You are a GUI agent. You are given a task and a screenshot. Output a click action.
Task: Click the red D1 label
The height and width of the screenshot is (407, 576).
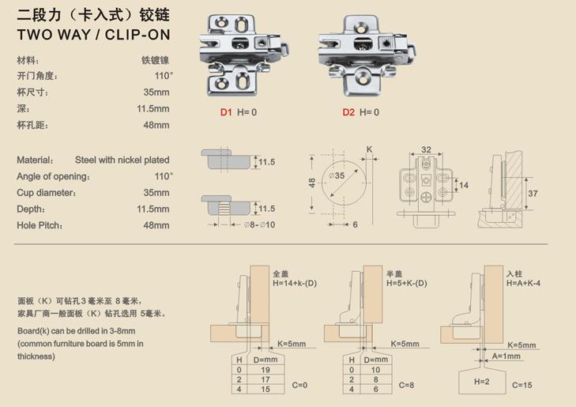coord(226,112)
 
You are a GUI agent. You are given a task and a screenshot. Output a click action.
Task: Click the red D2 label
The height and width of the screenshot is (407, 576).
coord(348,112)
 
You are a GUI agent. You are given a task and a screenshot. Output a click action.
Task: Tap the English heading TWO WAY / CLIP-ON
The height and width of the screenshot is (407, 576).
coord(94,35)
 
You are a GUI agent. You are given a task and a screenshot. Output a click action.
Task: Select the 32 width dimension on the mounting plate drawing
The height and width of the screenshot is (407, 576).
coord(426,149)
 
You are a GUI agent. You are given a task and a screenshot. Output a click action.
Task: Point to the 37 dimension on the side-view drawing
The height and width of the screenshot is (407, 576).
coord(533,193)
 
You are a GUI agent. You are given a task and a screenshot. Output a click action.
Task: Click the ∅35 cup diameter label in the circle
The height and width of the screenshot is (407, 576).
coord(337,175)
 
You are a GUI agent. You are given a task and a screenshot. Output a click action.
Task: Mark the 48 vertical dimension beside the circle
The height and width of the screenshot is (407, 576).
coord(312,183)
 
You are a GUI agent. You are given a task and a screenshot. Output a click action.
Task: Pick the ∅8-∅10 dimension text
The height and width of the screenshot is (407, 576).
coord(259,224)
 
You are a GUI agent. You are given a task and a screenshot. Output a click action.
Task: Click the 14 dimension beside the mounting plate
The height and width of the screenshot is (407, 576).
coord(464,185)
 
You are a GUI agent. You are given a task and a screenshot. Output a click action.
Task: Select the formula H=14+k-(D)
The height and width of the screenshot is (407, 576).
coord(295,283)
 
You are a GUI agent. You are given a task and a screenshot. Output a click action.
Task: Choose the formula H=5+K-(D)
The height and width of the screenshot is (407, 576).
coord(407,283)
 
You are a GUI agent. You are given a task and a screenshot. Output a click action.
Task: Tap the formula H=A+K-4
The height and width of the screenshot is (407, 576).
coord(523,283)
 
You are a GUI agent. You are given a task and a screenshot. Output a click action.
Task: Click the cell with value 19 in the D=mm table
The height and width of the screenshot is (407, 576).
coord(265,370)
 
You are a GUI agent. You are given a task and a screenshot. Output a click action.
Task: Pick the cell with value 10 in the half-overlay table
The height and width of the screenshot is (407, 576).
coord(375,370)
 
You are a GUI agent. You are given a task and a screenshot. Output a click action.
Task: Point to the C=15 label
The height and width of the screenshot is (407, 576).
coord(522,385)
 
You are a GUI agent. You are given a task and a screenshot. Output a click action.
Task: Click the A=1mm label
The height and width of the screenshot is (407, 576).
coord(506,356)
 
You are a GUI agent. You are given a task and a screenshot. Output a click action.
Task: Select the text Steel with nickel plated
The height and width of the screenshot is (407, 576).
coord(122,160)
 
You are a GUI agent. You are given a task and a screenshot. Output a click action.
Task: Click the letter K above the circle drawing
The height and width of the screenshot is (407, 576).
coord(369,149)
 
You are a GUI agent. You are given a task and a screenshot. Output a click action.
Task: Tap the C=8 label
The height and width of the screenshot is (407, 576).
coord(406,385)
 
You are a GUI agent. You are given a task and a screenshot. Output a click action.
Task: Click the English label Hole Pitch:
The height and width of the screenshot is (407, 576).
coord(40,225)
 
